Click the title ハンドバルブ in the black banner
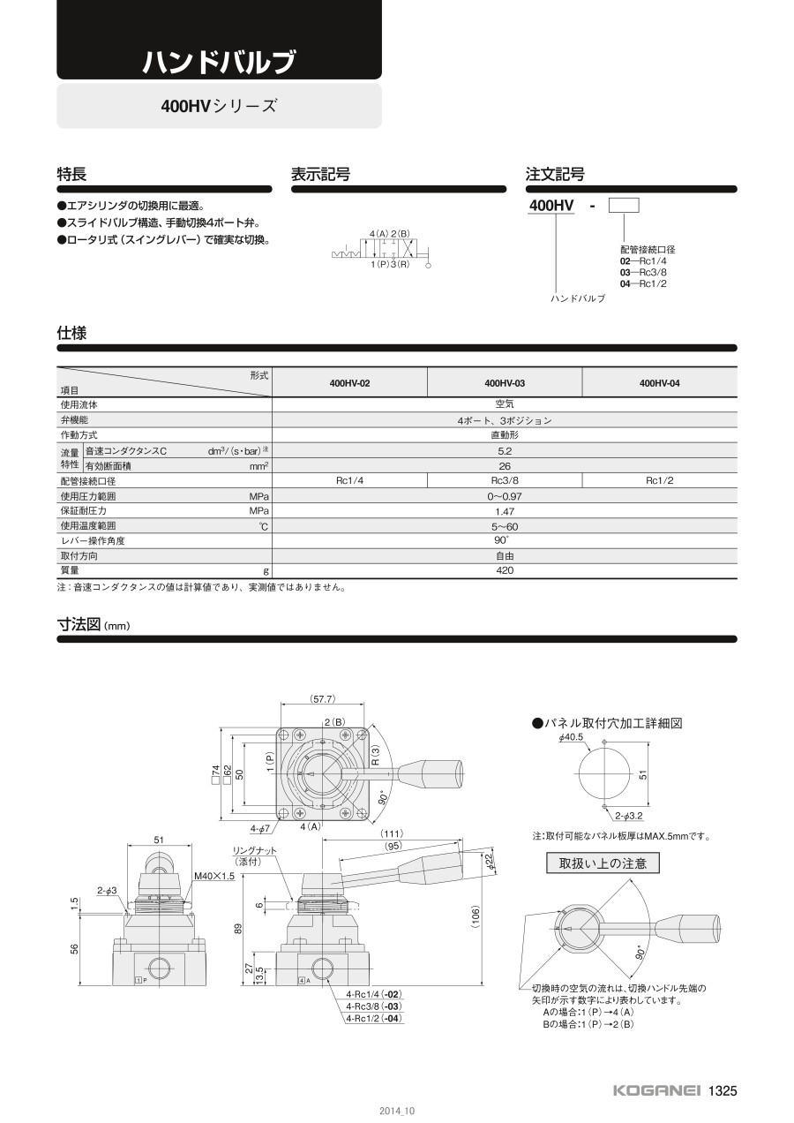click(219, 62)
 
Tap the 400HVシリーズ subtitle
click(219, 106)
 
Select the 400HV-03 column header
click(505, 383)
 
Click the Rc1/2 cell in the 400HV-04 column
click(659, 481)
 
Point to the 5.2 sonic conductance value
click(504, 451)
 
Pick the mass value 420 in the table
click(504, 571)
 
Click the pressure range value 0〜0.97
click(504, 496)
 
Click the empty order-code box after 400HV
click(625, 207)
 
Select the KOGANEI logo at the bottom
click(657, 1090)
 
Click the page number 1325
click(722, 1090)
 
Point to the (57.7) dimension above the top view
click(323, 699)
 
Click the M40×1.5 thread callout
click(213, 876)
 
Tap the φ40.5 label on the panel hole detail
click(572, 737)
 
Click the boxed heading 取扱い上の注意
click(603, 863)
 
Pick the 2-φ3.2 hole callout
click(629, 817)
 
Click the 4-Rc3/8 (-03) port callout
click(374, 1006)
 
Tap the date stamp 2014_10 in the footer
click(397, 1111)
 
